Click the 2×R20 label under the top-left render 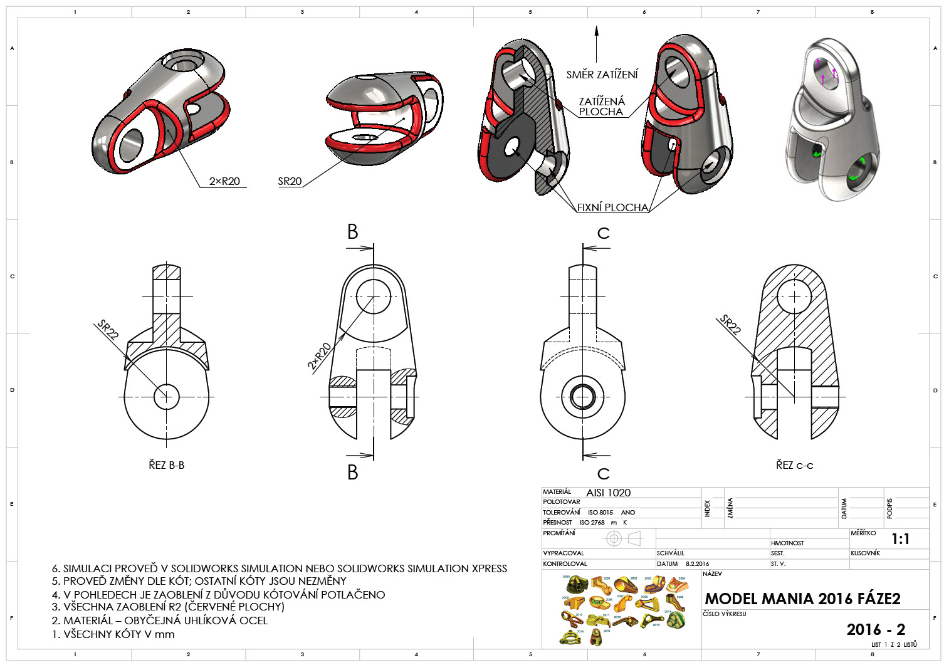coord(224,181)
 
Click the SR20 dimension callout coord(290,181)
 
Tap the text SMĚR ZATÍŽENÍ coord(602,75)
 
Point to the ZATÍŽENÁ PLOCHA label coord(601,107)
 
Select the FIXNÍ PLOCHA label coord(612,207)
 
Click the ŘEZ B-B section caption coord(166,465)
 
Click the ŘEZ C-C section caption coord(794,465)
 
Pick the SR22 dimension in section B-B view coord(108,329)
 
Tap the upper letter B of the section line coord(353,232)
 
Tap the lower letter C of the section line coord(603,473)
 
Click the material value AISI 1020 coord(608,493)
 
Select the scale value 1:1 coord(900,539)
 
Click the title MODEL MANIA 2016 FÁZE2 coord(802,599)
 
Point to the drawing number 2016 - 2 coord(876,629)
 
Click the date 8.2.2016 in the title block coord(693,564)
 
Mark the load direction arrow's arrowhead coord(597,30)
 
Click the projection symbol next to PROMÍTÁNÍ coord(623,538)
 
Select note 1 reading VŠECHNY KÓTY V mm coord(113,634)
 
